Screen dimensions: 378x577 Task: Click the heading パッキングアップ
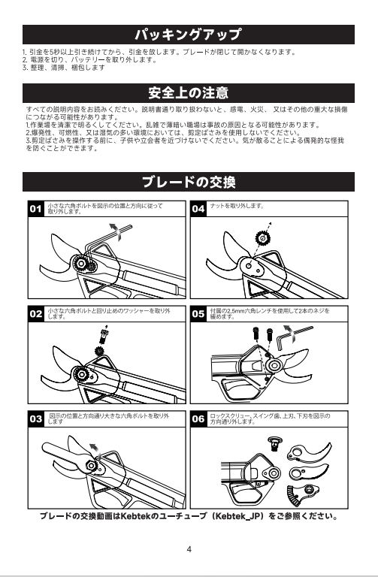point(188,35)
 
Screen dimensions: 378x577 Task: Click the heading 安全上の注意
point(189,93)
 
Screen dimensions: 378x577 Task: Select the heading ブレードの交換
point(189,182)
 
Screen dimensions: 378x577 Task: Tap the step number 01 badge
point(36,209)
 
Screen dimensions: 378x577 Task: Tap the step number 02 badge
point(36,314)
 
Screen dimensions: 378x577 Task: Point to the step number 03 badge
point(36,418)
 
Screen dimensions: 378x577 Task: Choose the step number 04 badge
point(198,209)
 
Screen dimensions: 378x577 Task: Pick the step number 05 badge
point(198,314)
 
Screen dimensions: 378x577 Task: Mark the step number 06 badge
point(198,418)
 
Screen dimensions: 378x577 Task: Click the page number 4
point(189,549)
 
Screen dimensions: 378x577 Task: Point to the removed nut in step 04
point(262,238)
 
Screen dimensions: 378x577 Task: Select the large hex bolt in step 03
point(90,465)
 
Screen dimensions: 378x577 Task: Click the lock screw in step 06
point(274,444)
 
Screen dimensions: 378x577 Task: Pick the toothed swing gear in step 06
point(302,494)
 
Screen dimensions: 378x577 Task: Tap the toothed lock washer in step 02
point(98,351)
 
